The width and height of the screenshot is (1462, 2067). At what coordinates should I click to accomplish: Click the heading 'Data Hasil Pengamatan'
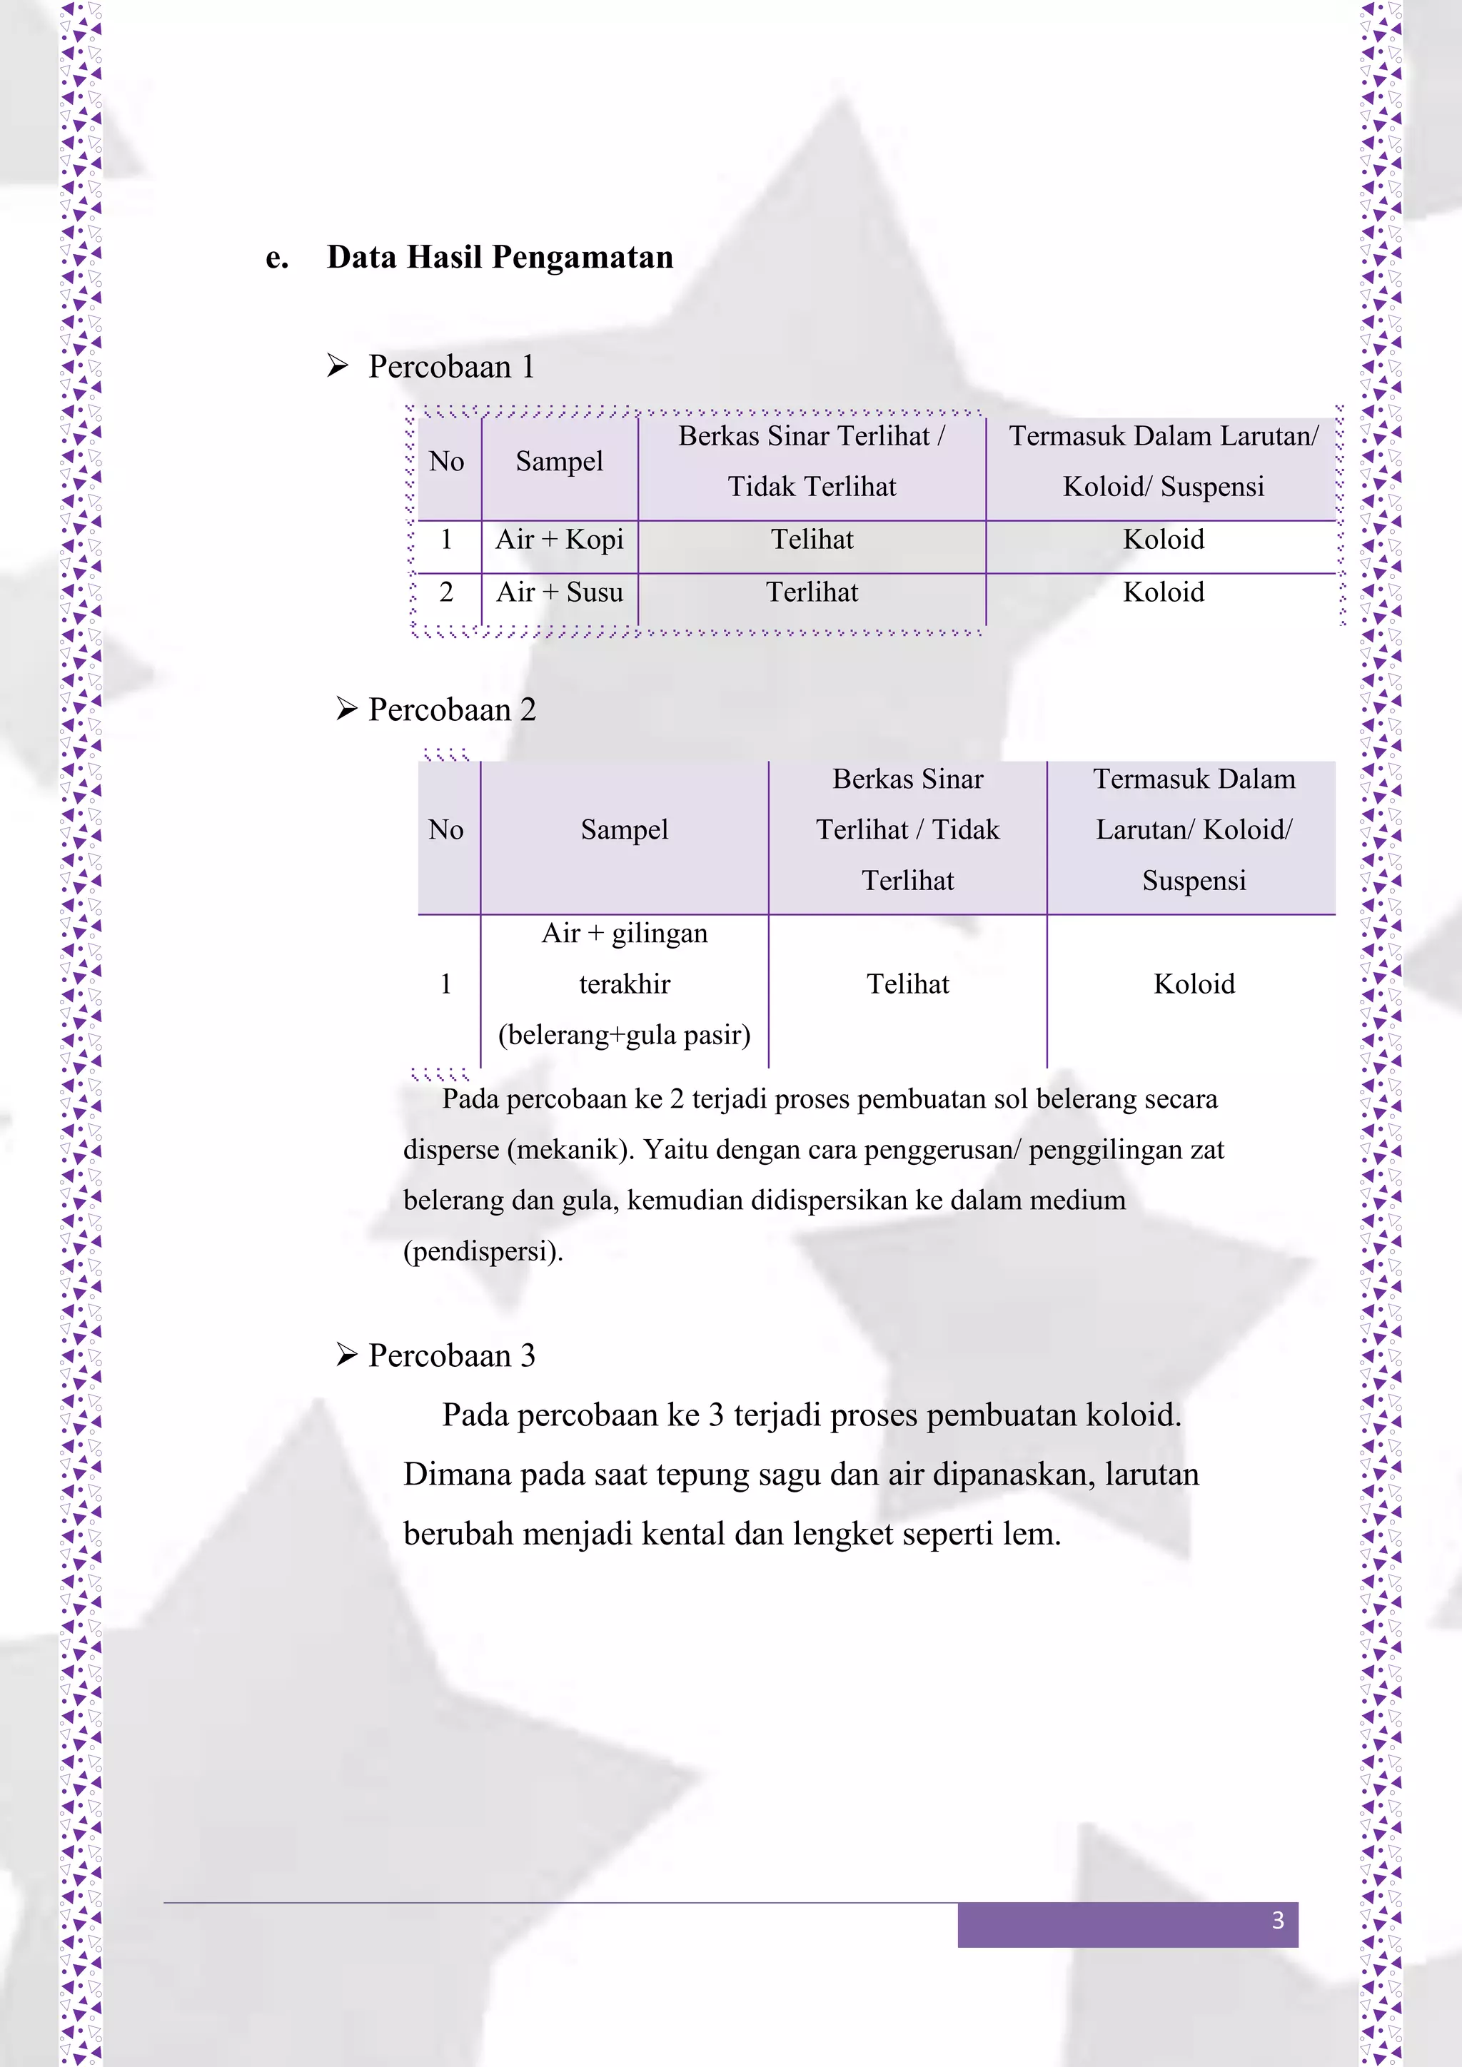[500, 258]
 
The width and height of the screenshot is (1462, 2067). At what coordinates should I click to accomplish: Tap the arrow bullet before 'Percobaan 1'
[338, 365]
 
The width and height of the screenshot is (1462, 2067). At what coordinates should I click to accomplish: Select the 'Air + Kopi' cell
[559, 540]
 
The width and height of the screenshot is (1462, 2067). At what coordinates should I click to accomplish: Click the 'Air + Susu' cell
[559, 592]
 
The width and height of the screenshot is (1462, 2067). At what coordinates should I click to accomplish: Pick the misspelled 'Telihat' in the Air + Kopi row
[811, 540]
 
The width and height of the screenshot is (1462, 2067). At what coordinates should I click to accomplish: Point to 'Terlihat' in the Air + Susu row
[811, 592]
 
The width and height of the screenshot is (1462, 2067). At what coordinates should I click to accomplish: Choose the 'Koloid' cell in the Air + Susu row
[1163, 592]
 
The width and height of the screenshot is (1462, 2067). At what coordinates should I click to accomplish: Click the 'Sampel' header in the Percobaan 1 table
[559, 461]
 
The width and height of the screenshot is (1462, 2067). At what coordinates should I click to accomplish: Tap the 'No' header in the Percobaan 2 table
[445, 829]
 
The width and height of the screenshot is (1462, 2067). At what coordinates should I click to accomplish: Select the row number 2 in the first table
[445, 592]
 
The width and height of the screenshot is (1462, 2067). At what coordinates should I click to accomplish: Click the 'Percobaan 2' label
[452, 709]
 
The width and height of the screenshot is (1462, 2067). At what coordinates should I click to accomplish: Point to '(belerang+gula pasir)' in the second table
[624, 1034]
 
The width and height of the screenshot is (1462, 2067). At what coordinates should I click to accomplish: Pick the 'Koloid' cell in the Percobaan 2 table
[1194, 984]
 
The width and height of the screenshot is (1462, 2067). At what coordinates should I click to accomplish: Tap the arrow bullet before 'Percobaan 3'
[347, 1354]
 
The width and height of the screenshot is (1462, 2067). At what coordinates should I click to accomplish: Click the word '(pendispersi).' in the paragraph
[483, 1250]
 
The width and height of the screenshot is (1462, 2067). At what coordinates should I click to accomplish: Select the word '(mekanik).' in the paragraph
[571, 1150]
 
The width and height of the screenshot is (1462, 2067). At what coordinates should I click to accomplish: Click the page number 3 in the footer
[1276, 1920]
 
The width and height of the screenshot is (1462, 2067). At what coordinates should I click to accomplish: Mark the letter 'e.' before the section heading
[277, 258]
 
